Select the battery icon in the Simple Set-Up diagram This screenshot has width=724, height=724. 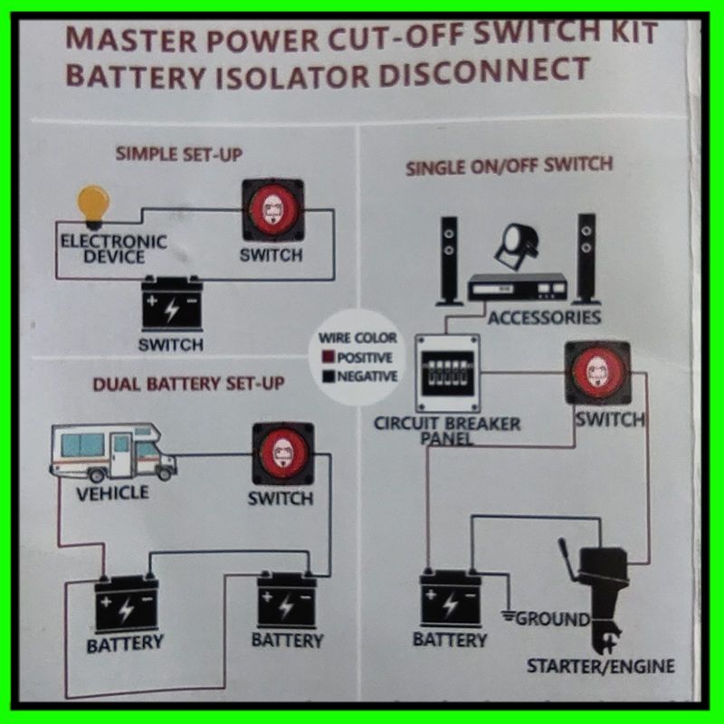(x=171, y=306)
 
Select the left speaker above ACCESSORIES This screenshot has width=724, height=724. (x=448, y=260)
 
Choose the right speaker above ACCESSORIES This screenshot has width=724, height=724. (x=587, y=259)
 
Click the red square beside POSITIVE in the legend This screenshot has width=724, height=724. (x=329, y=357)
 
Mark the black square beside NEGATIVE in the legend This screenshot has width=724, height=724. (x=329, y=376)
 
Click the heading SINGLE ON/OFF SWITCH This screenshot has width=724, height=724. (x=509, y=167)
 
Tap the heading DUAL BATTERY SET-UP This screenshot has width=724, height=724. (x=188, y=383)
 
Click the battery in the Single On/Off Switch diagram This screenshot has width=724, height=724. (x=450, y=598)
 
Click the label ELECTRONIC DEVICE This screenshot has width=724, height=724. (x=112, y=249)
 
